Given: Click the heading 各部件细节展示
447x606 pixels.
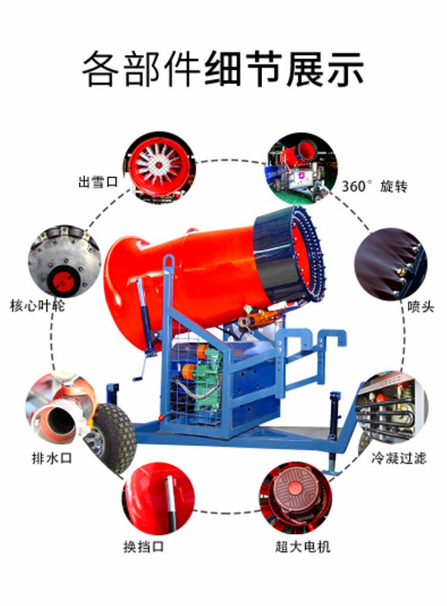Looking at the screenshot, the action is point(223,69).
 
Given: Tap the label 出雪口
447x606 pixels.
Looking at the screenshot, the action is point(98,181).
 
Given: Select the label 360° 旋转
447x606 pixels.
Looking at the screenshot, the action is point(374,186).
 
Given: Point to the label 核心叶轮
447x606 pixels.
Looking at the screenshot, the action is point(38,306).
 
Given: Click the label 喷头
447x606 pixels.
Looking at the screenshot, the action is point(420,307).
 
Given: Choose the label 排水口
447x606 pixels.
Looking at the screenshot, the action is point(52,458).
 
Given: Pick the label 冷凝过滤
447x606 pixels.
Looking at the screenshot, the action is point(399,458).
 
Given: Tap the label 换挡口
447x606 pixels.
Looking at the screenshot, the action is point(144,546).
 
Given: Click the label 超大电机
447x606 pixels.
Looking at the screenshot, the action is point(303,546).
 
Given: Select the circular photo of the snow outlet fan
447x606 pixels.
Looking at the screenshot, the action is point(159,168).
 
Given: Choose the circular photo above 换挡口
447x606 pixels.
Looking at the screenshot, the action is point(159,499).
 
